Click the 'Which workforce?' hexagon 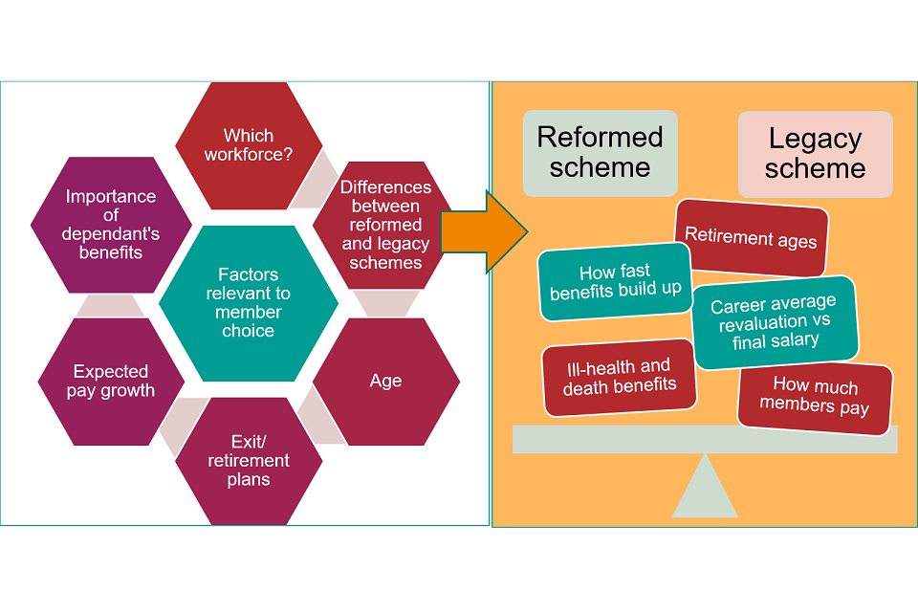pyautogui.click(x=249, y=145)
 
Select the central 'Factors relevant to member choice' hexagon pyautogui.click(x=249, y=303)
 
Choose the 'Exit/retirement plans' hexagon pyautogui.click(x=249, y=459)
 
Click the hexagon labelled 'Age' pyautogui.click(x=386, y=381)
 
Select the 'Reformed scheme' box pyautogui.click(x=600, y=153)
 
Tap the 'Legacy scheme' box pyautogui.click(x=815, y=154)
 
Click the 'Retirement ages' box pyautogui.click(x=752, y=237)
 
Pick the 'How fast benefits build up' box pyautogui.click(x=616, y=281)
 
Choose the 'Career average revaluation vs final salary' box pyautogui.click(x=774, y=321)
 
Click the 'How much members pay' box pyautogui.click(x=815, y=398)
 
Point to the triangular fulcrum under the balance pyautogui.click(x=705, y=490)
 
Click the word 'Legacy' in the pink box pyautogui.click(x=815, y=139)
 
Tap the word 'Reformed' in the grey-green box pyautogui.click(x=600, y=137)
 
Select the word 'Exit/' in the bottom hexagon pyautogui.click(x=249, y=441)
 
